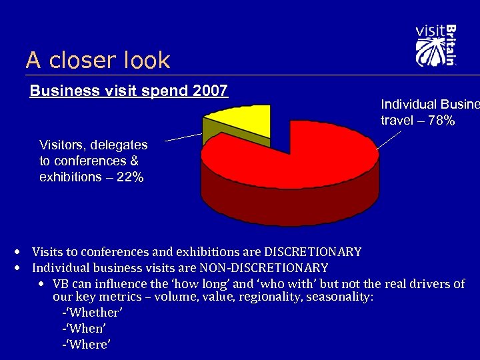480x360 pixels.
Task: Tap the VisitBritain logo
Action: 435,45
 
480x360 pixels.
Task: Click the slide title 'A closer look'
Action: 98,61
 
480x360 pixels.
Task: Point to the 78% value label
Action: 441,121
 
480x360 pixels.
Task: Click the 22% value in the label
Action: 128,178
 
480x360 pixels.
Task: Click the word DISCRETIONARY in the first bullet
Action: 313,252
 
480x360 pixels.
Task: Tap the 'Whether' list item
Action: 92,313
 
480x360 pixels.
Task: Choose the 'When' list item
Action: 84,329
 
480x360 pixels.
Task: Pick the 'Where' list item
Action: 86,345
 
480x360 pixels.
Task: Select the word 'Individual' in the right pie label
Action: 409,105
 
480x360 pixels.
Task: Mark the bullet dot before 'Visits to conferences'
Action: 17,252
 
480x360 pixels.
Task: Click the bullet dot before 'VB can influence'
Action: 42,284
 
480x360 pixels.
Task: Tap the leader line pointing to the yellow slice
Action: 183,137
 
